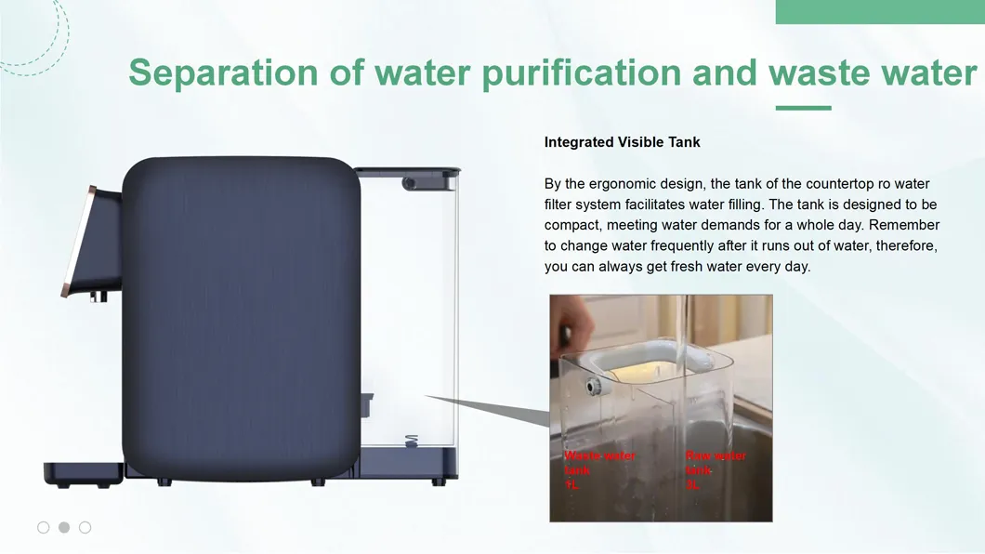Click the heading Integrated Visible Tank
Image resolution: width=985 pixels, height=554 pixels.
point(622,142)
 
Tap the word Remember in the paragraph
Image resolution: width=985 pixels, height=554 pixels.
point(904,225)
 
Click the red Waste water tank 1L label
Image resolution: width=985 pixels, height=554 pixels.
point(598,470)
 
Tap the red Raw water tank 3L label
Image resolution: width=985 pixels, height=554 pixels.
point(715,470)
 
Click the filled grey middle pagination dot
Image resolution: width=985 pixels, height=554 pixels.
point(64,527)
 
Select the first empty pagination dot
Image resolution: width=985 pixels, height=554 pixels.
point(44,527)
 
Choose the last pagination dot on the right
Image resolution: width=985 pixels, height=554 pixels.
point(85,527)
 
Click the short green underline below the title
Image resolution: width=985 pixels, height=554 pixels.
point(803,108)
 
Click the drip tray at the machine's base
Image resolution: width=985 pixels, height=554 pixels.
point(82,472)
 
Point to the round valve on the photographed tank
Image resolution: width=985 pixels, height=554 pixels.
point(592,386)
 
